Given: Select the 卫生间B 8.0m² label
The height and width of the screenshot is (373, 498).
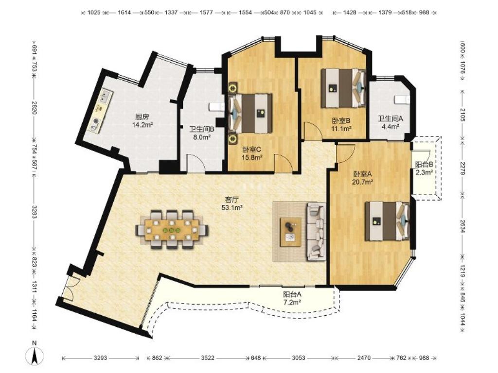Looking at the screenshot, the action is point(202,133).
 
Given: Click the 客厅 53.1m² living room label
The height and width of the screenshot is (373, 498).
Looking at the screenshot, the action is point(232,203).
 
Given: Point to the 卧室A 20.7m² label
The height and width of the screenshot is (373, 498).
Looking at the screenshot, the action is point(362,178).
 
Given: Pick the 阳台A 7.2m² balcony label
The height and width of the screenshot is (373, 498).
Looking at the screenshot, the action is point(292,298).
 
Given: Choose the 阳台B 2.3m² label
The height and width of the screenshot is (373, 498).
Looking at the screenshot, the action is point(424,169).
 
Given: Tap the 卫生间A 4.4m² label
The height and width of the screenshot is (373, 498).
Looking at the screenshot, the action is point(391,122).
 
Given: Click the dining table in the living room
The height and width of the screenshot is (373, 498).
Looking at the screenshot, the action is point(172,230).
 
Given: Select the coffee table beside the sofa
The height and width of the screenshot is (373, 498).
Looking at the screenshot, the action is point(291,232).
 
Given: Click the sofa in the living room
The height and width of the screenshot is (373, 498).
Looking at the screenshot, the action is point(316,232).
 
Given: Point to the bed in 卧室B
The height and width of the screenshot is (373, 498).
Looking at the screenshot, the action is point(343,88).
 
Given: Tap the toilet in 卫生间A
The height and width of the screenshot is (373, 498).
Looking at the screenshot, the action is point(402,100).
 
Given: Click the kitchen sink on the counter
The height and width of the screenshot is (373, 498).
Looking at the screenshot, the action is point(105,99).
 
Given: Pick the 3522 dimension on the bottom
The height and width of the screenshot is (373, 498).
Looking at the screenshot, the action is point(208,358).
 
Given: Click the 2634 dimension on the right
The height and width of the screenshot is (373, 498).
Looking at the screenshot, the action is point(462,226).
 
